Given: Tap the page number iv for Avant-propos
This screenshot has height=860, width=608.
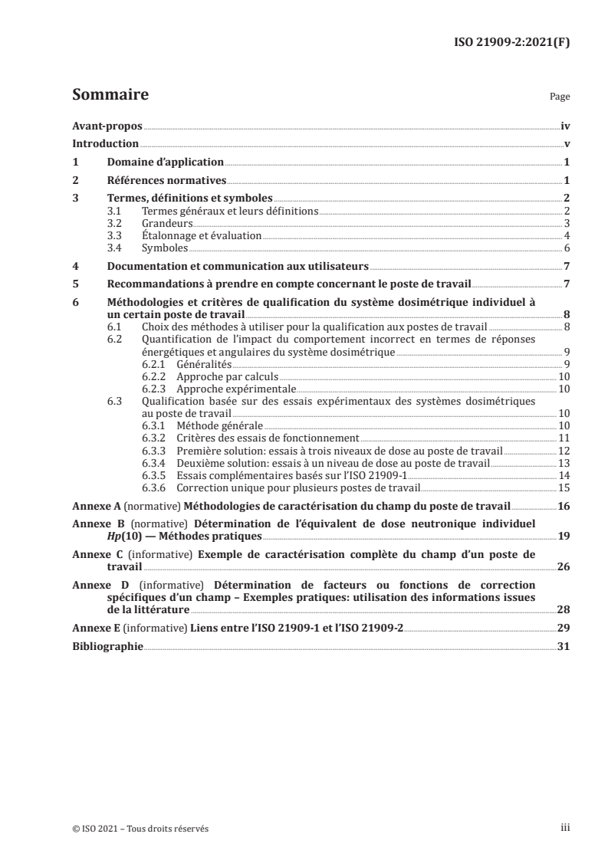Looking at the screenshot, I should click(564, 125).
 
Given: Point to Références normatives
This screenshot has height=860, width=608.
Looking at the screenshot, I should click(166, 181).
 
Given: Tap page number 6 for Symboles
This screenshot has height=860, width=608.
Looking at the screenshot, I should click(566, 248).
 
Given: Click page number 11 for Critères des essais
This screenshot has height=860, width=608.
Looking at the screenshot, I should click(563, 437).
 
